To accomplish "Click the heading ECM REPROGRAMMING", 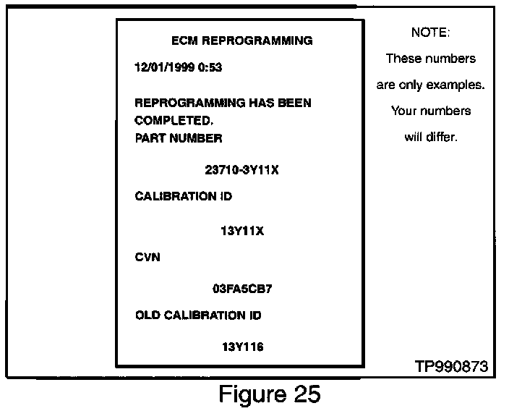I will [x=242, y=41].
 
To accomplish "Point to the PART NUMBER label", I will [x=179, y=137].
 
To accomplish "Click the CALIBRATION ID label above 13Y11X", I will [x=184, y=197].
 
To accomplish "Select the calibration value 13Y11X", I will [x=242, y=232].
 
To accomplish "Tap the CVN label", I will [x=147, y=256].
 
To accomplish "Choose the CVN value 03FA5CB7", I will [x=242, y=289].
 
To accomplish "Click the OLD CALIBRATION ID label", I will [x=198, y=315].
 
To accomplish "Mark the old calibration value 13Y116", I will [x=242, y=347].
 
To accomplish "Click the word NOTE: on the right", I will [x=430, y=33].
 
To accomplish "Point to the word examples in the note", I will [x=455, y=85].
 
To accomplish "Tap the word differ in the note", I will [x=442, y=137].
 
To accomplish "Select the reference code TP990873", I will [x=451, y=367].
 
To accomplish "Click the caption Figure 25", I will [x=269, y=394].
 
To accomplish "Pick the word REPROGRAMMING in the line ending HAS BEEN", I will [x=190, y=103].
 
